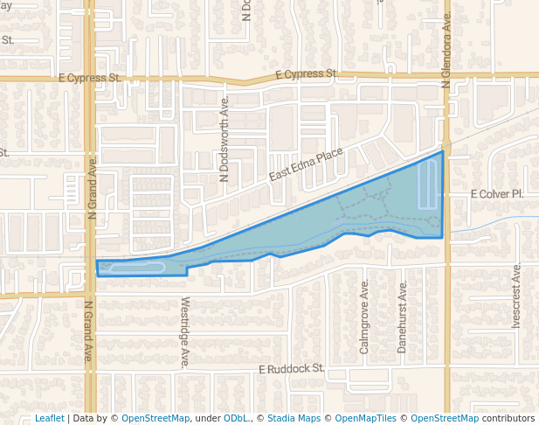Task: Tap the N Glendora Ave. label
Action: click(446, 51)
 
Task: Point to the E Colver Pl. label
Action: click(496, 193)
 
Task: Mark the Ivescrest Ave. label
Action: click(516, 295)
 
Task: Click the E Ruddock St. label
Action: click(291, 370)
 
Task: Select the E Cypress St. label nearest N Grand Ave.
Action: click(89, 78)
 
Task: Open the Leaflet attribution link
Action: click(49, 419)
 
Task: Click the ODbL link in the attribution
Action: click(236, 419)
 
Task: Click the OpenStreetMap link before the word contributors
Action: click(444, 419)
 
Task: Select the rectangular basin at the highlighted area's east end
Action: click(427, 184)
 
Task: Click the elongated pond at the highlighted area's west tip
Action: click(135, 268)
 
